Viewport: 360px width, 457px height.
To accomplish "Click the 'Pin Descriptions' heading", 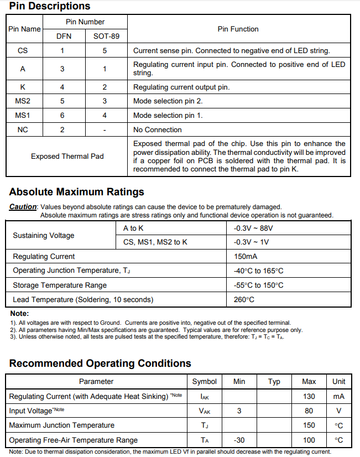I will click(x=50, y=6).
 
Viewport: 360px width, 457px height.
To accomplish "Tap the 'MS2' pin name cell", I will click(x=23, y=101).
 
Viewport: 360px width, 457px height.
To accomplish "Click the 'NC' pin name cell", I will click(x=23, y=130).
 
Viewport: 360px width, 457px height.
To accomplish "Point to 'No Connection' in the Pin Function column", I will click(x=158, y=130).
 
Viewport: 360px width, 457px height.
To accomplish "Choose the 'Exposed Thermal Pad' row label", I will click(x=67, y=157).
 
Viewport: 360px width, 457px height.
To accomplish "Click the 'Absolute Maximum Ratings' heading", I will click(x=77, y=192).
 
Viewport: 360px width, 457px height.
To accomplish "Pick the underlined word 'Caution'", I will click(x=23, y=207).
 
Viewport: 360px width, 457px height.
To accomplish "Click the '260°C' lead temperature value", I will click(x=244, y=300).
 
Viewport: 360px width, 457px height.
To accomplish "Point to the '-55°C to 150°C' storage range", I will click(x=258, y=285).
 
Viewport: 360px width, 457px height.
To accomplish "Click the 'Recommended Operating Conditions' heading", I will click(x=100, y=363).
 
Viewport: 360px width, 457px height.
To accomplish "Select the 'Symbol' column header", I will click(x=205, y=382).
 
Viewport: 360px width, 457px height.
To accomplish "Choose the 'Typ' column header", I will click(x=274, y=382).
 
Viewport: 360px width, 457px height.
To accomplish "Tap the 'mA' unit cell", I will click(x=339, y=397).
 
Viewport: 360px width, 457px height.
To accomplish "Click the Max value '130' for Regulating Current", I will click(x=309, y=397).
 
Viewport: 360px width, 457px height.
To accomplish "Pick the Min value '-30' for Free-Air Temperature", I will click(x=239, y=440).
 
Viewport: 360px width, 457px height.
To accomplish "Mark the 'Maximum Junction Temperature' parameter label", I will click(x=62, y=425).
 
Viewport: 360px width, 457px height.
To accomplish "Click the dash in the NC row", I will click(x=105, y=130).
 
